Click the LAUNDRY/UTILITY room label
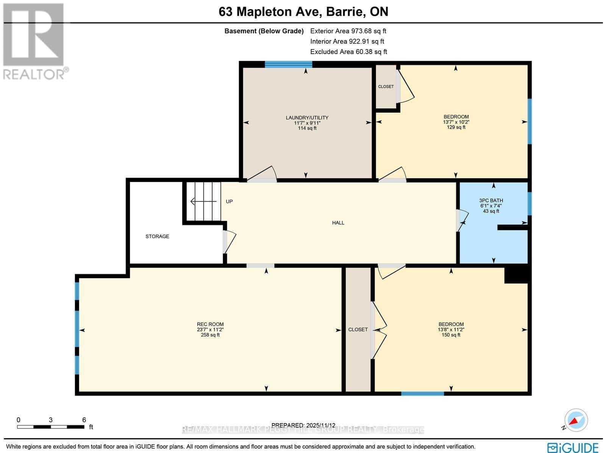(307, 118)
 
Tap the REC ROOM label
(210, 324)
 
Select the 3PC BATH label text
(491, 200)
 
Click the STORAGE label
(157, 236)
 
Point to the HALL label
(338, 223)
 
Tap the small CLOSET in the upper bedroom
(386, 87)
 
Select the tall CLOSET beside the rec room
(358, 329)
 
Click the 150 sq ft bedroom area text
(451, 335)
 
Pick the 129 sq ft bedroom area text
(456, 127)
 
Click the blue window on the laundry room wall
(288, 65)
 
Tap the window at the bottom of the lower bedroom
(422, 394)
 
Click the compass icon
(576, 420)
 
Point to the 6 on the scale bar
(84, 420)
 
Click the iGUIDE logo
(573, 447)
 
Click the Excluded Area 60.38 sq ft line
(348, 52)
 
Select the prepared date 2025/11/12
(303, 425)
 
